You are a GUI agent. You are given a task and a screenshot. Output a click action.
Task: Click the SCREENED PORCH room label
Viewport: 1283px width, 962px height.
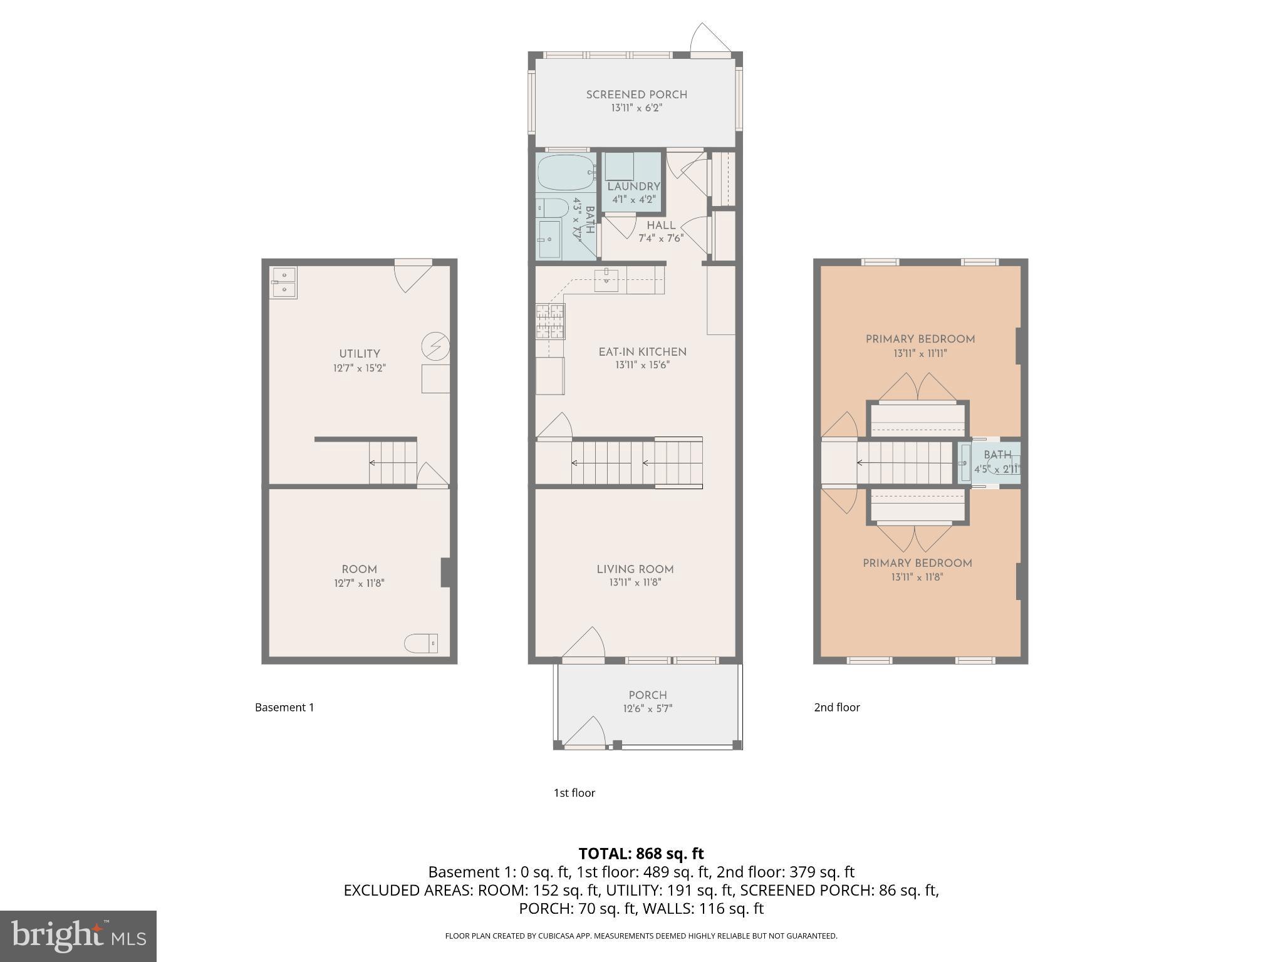pos(636,95)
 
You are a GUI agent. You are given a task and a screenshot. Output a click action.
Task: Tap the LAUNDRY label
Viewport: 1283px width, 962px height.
pos(633,186)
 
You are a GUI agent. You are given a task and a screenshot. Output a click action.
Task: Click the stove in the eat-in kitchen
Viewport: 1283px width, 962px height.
pos(550,321)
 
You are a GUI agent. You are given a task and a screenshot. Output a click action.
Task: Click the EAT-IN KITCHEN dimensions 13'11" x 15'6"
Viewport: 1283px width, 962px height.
pos(642,365)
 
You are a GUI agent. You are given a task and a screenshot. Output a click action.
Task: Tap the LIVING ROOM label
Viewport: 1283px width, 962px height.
pos(635,569)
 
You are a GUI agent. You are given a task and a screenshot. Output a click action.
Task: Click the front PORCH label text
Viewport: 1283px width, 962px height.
pos(648,695)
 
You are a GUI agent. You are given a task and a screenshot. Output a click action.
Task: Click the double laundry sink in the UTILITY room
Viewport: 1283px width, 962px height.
pos(283,282)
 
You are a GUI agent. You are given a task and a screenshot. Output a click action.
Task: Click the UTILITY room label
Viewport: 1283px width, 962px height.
pos(360,354)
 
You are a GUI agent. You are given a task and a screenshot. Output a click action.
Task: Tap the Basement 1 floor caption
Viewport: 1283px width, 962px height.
pos(284,707)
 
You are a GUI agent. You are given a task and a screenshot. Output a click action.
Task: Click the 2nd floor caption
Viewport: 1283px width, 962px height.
pos(836,707)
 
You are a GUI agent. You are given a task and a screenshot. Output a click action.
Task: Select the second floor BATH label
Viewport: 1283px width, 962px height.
pos(997,455)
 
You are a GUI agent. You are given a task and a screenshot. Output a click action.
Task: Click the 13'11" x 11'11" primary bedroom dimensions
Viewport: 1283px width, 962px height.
pos(920,353)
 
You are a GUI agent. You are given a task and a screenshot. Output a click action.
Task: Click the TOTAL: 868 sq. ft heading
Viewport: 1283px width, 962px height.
pos(641,853)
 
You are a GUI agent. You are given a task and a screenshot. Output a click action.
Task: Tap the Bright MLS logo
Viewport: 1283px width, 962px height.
pos(78,936)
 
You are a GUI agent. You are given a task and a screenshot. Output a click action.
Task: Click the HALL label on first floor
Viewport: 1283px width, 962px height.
pos(661,225)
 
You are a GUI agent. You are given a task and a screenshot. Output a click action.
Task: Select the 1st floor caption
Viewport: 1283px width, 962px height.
pos(574,792)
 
